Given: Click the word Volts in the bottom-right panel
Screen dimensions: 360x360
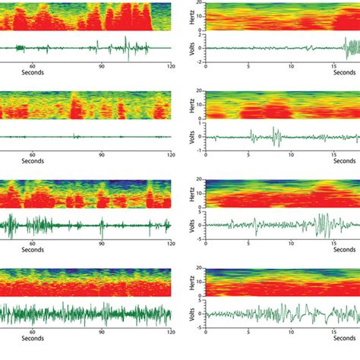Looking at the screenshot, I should click(186, 313).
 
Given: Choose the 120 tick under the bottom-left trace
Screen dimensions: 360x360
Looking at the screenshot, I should click(171, 332).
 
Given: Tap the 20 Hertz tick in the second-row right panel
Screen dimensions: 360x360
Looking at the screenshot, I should click(201, 93).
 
